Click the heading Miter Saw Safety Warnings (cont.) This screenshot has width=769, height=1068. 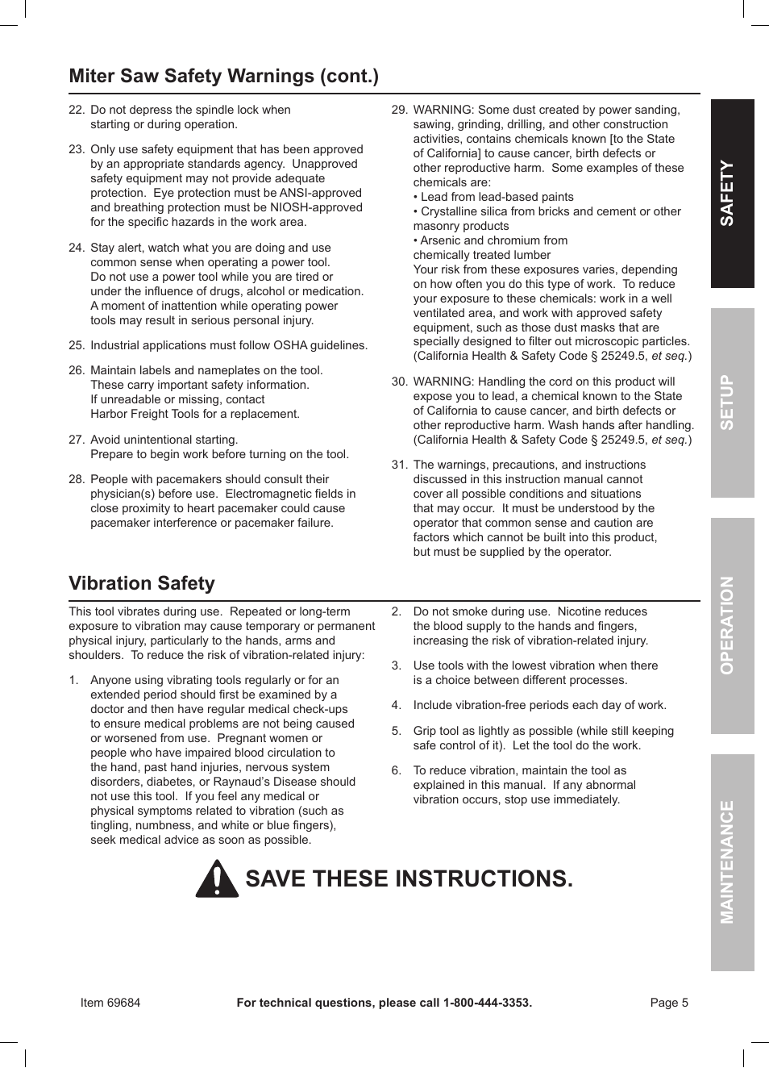(x=223, y=76)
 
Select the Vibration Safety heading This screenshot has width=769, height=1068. (x=142, y=583)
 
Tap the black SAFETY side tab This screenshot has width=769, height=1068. (x=732, y=194)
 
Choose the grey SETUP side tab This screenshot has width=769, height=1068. (x=732, y=403)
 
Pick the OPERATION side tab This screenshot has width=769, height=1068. (x=732, y=625)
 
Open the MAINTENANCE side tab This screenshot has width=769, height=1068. (x=732, y=861)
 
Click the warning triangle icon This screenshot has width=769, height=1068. (x=217, y=879)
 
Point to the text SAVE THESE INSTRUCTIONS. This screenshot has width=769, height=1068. (x=409, y=878)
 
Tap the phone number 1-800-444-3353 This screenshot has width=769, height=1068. (x=487, y=1003)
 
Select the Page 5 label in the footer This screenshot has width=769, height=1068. (x=669, y=1003)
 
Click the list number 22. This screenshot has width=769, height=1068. (x=77, y=110)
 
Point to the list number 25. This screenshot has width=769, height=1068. (x=77, y=345)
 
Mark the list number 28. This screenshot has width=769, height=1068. (x=77, y=479)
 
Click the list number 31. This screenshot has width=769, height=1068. (x=399, y=465)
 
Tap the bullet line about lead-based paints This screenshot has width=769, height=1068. (x=497, y=197)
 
